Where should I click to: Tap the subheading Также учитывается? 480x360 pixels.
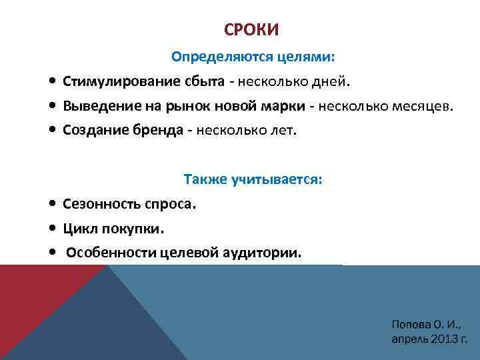[253, 179]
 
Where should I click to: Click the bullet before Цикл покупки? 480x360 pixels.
[52, 229]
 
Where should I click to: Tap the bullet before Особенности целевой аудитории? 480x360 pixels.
[52, 253]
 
